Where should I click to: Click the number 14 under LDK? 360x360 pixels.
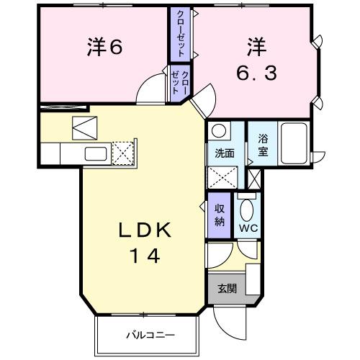click(x=144, y=254)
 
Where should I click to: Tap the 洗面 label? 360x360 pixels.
click(x=224, y=153)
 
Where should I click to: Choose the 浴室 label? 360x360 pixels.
click(x=264, y=144)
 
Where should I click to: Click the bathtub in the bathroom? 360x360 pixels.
click(x=295, y=143)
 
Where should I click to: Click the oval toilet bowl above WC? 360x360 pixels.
click(x=247, y=214)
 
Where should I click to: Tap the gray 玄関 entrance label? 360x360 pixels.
click(x=227, y=288)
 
